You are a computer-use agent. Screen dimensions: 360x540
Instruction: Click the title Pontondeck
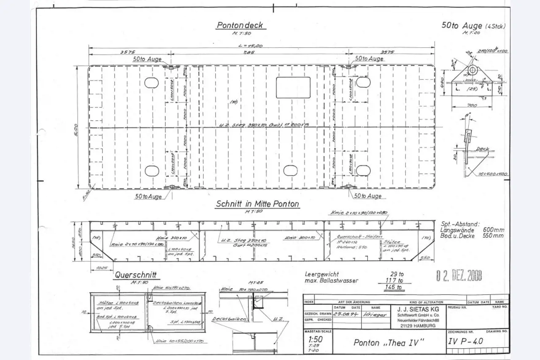240,25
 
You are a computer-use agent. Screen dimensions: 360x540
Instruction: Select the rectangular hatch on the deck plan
293,87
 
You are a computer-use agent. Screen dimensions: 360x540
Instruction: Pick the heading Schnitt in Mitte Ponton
257,204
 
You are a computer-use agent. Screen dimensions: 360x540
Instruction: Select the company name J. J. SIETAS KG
412,309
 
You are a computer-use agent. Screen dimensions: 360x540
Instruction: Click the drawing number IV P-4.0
466,342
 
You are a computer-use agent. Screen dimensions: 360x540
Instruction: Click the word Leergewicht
322,274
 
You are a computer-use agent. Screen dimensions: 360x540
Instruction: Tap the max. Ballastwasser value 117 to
394,280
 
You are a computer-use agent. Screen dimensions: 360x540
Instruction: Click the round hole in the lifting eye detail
473,70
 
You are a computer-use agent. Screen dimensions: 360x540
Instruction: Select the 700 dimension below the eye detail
472,105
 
